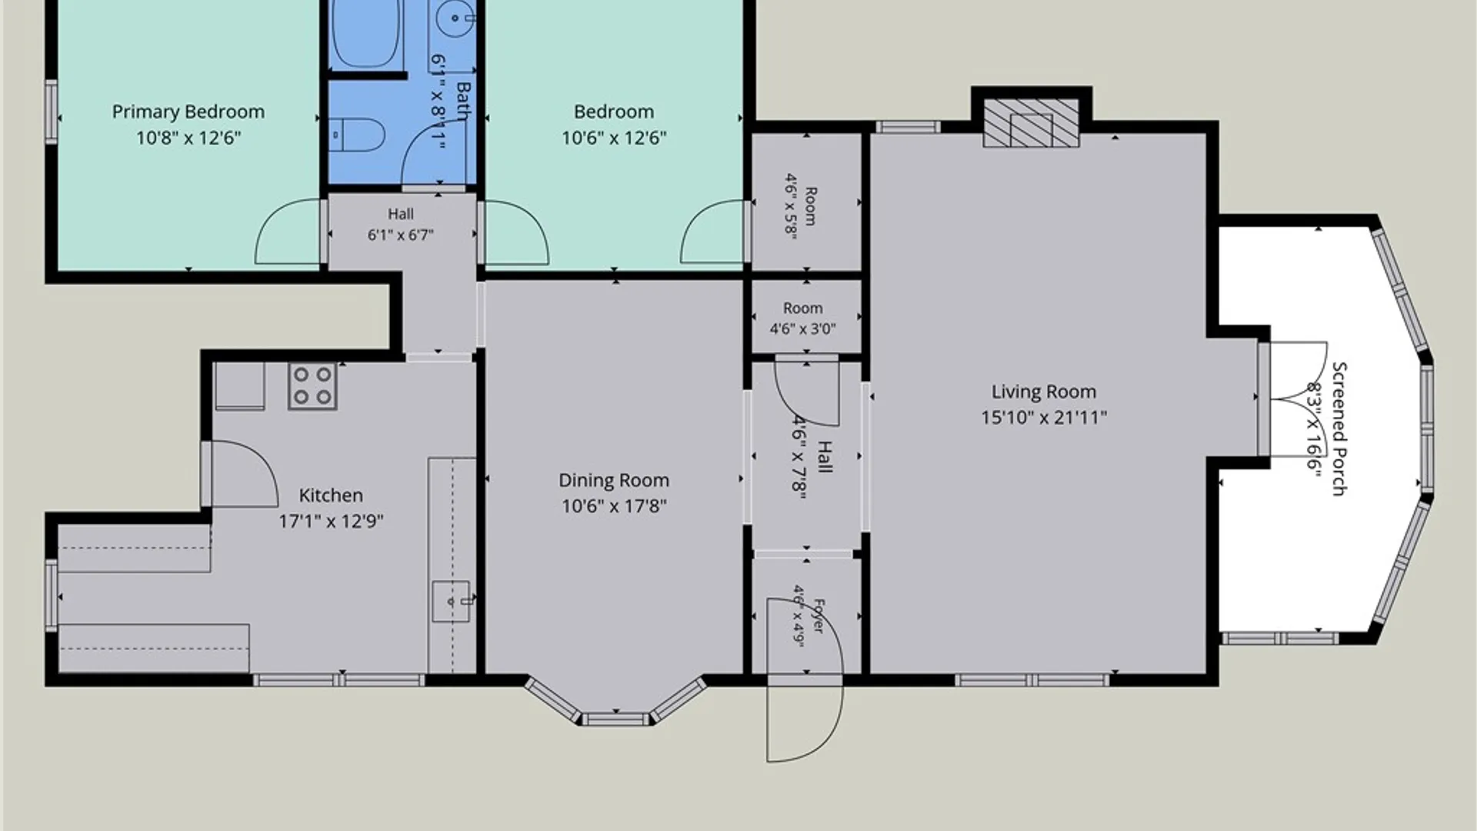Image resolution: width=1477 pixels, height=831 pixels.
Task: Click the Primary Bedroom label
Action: click(188, 112)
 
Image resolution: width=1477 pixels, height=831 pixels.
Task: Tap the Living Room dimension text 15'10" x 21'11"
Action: click(1044, 418)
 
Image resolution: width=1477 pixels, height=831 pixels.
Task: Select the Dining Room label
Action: click(614, 480)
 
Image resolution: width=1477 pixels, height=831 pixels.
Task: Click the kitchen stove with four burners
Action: click(312, 385)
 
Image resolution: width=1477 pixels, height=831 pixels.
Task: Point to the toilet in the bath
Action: click(357, 135)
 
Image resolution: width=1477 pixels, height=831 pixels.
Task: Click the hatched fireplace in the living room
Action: click(1032, 122)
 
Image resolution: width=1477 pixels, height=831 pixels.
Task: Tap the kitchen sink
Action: click(451, 602)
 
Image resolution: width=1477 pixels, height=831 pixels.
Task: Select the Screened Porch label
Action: click(1339, 429)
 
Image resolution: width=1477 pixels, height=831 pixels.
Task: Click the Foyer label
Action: click(818, 616)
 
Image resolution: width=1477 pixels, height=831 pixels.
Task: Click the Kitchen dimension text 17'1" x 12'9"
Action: click(331, 522)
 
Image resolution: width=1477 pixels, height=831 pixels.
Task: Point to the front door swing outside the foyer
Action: click(805, 719)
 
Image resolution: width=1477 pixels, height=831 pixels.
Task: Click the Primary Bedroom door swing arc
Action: click(288, 231)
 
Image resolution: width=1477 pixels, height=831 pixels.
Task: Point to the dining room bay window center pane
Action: click(615, 719)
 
